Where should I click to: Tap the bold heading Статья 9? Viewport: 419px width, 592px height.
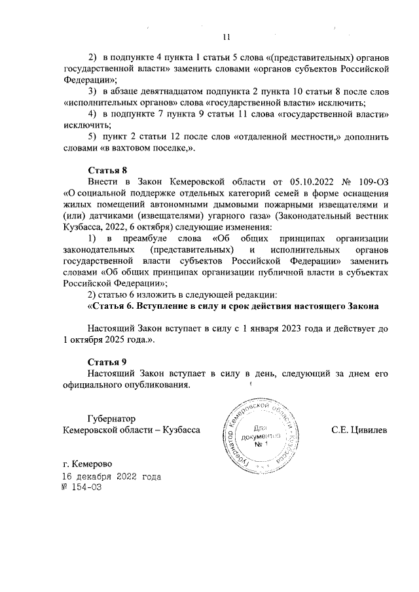click(x=107, y=362)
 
